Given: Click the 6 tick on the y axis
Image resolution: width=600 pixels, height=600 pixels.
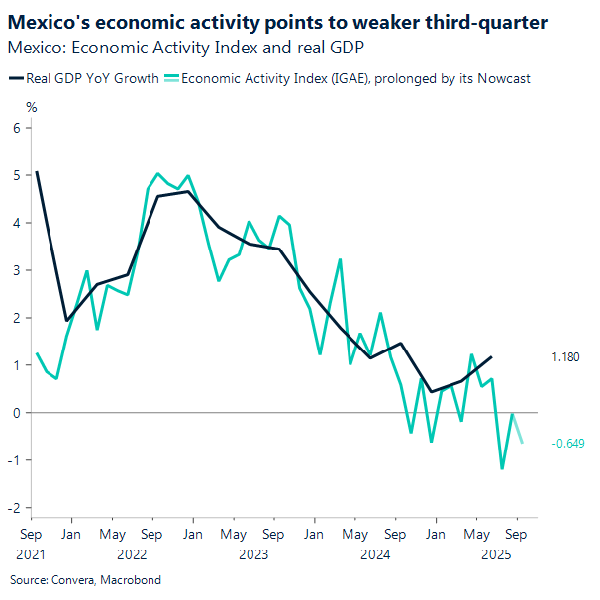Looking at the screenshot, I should click(x=17, y=128).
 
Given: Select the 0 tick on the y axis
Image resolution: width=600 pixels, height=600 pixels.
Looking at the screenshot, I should click(x=17, y=413).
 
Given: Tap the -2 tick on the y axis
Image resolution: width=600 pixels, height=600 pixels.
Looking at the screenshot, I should click(x=15, y=508).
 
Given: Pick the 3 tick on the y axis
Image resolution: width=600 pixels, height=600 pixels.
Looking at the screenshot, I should click(x=17, y=270).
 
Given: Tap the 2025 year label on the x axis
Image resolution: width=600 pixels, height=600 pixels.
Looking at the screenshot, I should click(x=496, y=554).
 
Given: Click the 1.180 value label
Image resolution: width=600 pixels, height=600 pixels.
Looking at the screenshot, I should click(x=564, y=356).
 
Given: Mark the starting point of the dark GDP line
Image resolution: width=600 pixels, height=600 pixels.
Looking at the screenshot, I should click(x=37, y=172).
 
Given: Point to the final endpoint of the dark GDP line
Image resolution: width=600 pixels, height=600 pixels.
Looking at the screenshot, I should click(x=492, y=356).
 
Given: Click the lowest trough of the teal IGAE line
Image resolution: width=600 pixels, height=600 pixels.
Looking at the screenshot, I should click(x=502, y=468).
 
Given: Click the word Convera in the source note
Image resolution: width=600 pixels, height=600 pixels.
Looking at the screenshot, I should click(x=68, y=579).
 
